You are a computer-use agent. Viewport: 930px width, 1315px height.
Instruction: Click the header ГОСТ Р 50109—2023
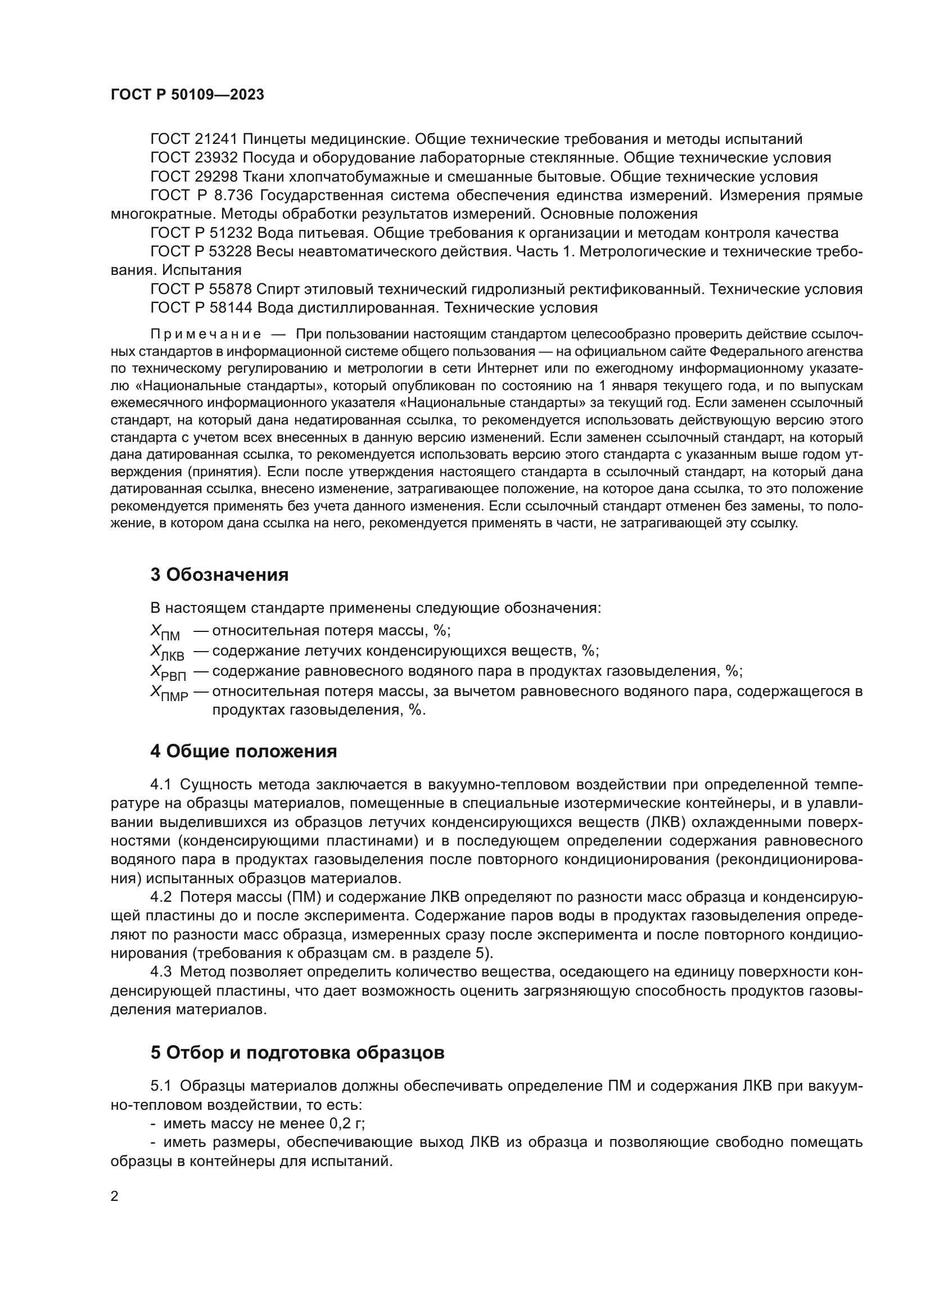(187, 95)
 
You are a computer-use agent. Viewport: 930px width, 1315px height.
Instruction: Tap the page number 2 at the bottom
(115, 1196)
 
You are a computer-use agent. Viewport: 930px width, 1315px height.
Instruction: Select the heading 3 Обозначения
(219, 575)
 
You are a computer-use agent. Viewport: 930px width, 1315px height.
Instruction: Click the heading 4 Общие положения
(243, 752)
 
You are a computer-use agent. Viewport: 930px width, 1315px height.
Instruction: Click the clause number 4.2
(161, 897)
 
